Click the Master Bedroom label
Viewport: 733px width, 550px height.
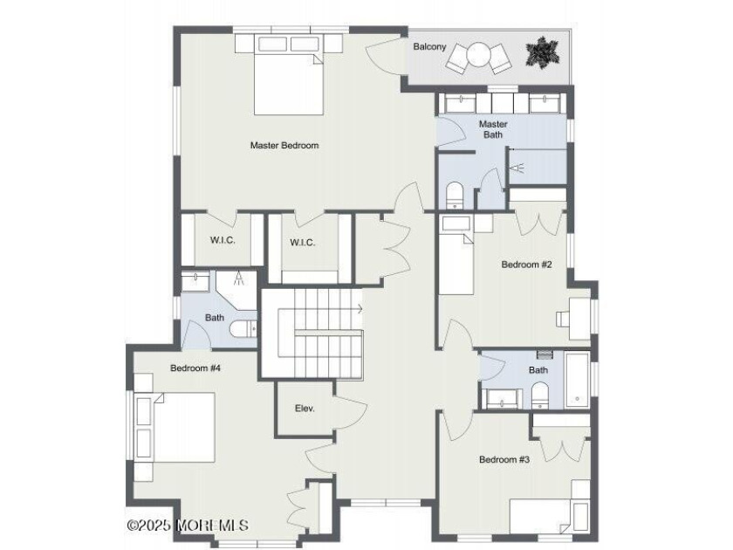tap(284, 145)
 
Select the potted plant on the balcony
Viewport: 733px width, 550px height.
tap(543, 53)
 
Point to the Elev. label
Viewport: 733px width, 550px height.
tap(305, 408)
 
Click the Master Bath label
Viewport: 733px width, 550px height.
tap(493, 129)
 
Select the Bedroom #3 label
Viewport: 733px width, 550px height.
tap(504, 458)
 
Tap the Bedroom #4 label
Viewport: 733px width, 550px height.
tap(195, 368)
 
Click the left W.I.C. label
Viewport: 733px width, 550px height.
tap(223, 241)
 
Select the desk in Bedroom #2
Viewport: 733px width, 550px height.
tap(576, 313)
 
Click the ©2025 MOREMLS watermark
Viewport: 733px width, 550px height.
tap(188, 526)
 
